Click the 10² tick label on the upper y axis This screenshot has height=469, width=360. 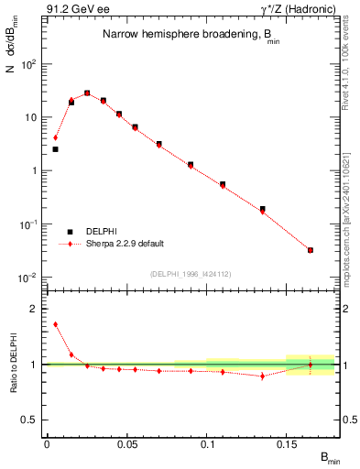click(x=29, y=64)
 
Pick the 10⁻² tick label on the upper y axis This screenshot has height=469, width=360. click(x=29, y=277)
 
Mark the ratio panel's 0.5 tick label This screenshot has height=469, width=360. click(x=30, y=420)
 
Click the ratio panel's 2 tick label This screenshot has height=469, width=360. click(x=34, y=309)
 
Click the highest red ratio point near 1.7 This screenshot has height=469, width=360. click(x=55, y=324)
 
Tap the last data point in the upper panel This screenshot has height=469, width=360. click(x=311, y=250)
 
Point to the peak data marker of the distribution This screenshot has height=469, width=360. click(x=87, y=93)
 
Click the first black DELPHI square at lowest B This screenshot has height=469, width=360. click(x=55, y=148)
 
